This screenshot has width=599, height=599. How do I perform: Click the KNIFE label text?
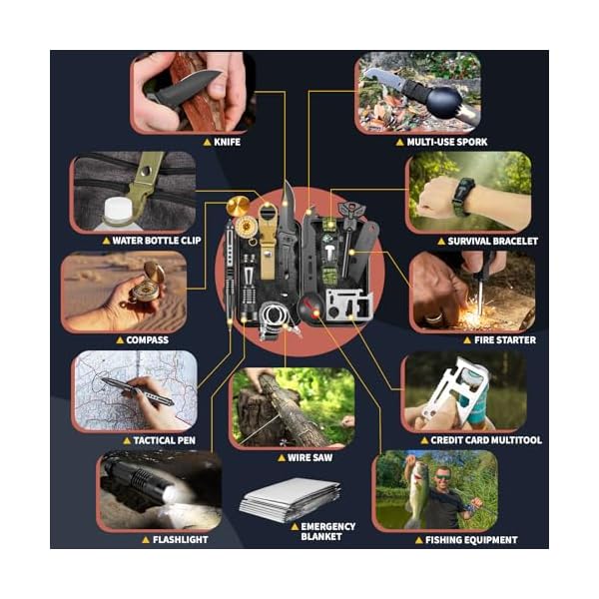(227, 142)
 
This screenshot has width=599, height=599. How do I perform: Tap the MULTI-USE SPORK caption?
(447, 142)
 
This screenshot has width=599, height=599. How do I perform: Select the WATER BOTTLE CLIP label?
(157, 241)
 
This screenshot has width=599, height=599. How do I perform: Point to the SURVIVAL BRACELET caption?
(493, 241)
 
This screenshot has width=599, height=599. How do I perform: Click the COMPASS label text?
(147, 340)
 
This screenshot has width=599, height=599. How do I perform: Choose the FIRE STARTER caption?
(505, 340)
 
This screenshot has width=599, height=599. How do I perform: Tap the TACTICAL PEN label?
(165, 440)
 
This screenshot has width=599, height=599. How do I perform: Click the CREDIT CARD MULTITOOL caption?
(486, 440)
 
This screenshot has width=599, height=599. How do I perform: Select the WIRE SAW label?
(309, 457)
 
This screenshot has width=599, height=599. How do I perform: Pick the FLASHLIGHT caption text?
(181, 540)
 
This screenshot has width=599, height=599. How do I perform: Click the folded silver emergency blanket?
(291, 499)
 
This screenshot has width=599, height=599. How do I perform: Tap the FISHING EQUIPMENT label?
(471, 540)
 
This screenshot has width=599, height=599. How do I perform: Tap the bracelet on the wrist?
(462, 198)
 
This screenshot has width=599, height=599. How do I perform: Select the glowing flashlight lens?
(170, 495)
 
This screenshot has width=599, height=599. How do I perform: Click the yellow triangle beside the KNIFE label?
(207, 143)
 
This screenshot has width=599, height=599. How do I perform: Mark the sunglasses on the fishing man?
(442, 477)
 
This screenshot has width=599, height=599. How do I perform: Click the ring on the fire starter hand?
(434, 317)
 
